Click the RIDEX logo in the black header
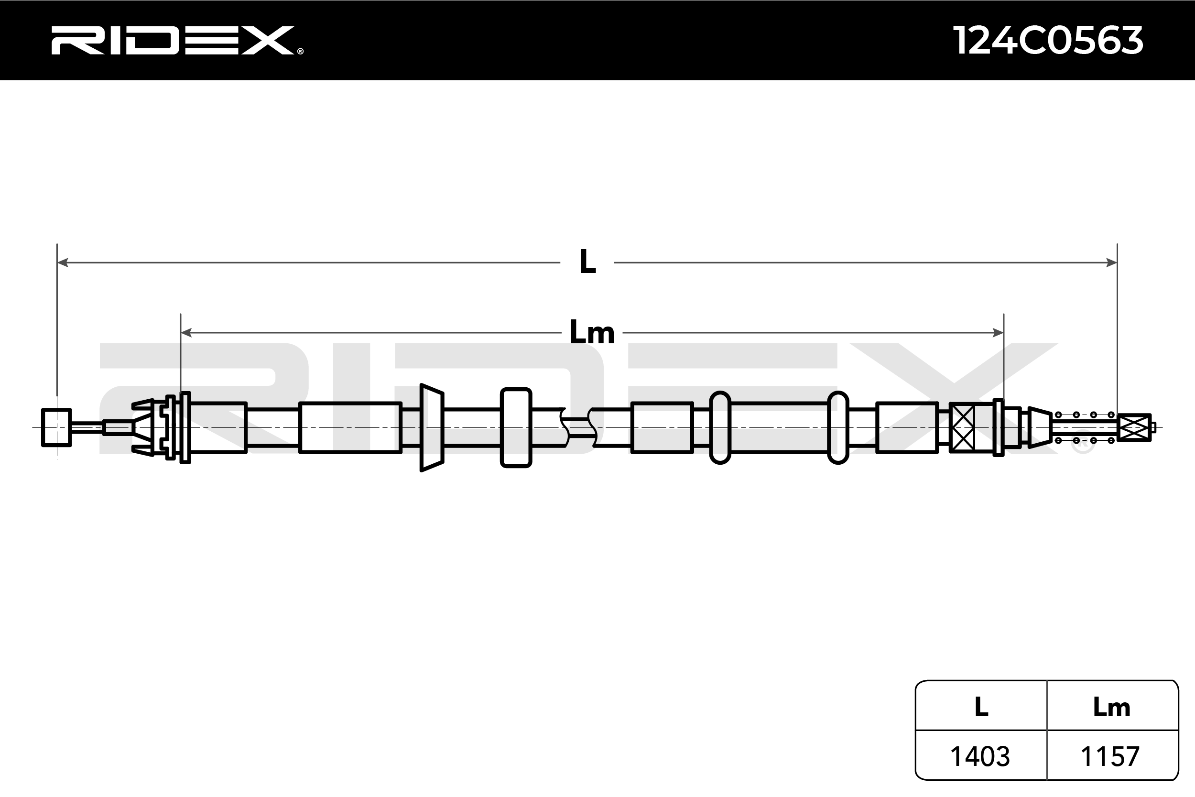173,41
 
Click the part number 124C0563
1048,41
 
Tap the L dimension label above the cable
587,262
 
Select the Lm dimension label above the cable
592,332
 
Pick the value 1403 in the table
980,756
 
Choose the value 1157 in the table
1110,756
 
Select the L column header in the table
981,707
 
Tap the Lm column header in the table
1111,707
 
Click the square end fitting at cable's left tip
56,427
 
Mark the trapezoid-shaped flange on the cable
432,427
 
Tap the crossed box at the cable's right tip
1134,427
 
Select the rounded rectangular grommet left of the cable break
516,427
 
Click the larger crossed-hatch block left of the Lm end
962,427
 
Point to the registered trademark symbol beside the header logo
300,51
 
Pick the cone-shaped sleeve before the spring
1040,427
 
